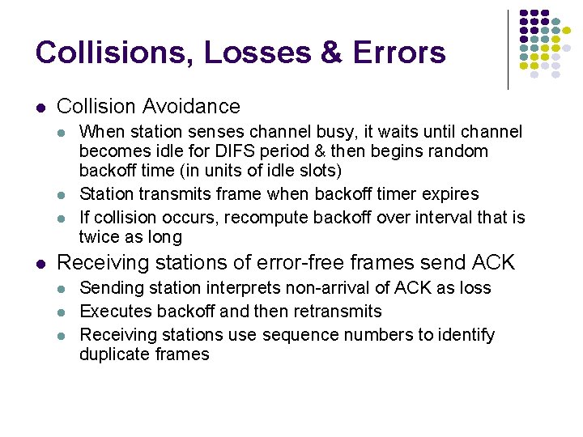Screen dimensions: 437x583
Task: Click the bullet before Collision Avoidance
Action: (x=40, y=107)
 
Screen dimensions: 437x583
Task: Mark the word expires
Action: (x=449, y=194)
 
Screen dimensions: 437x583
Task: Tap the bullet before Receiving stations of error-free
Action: (x=40, y=263)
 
